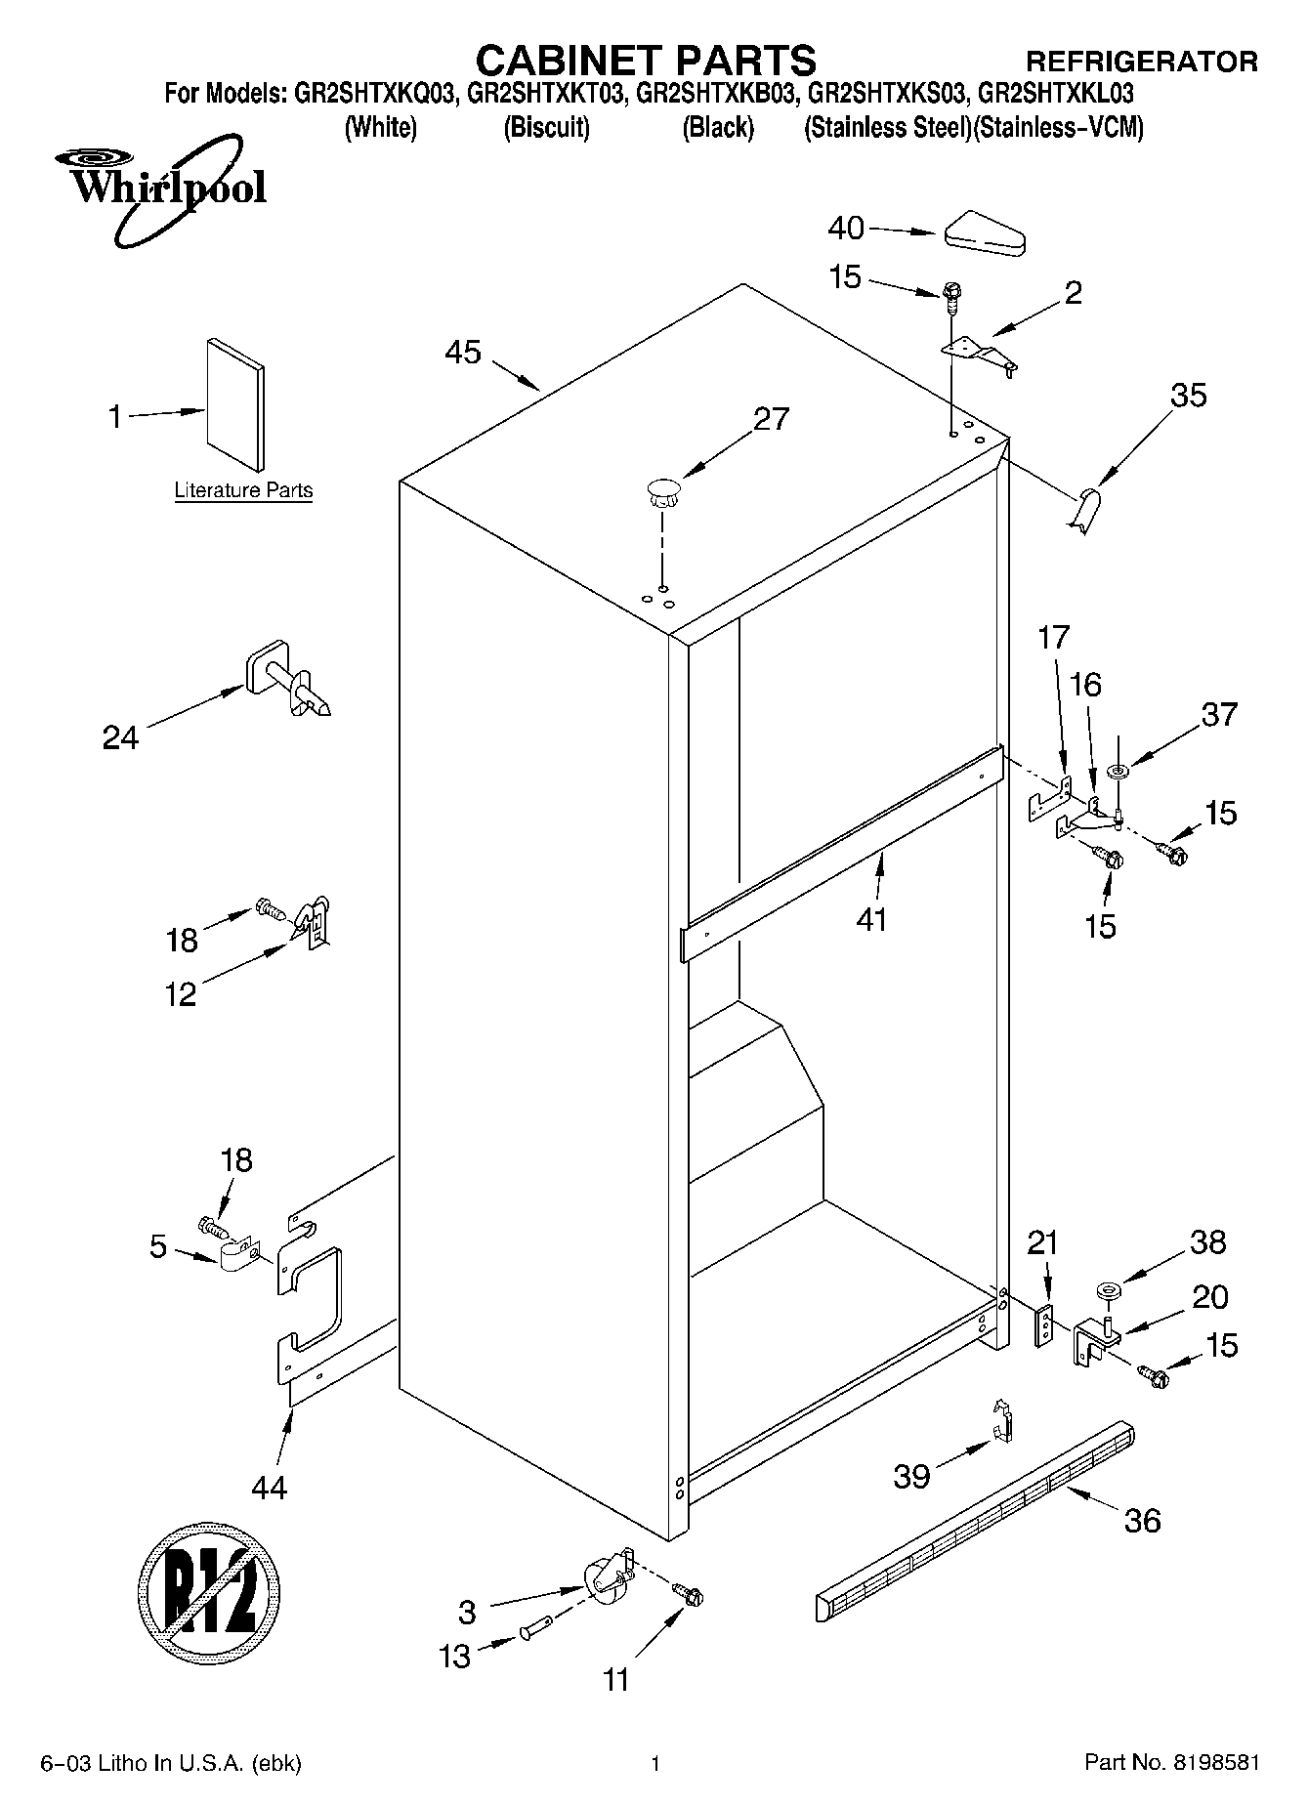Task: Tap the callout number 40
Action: (x=846, y=229)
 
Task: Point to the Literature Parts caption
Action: (x=243, y=490)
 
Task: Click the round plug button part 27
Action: (x=661, y=490)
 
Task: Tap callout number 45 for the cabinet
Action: (x=463, y=352)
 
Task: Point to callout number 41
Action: (x=871, y=919)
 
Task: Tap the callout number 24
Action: (x=120, y=737)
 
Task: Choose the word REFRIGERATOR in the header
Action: (x=1141, y=63)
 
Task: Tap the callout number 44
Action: (x=269, y=1488)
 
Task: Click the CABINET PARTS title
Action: (x=645, y=61)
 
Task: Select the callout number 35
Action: (x=1188, y=396)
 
